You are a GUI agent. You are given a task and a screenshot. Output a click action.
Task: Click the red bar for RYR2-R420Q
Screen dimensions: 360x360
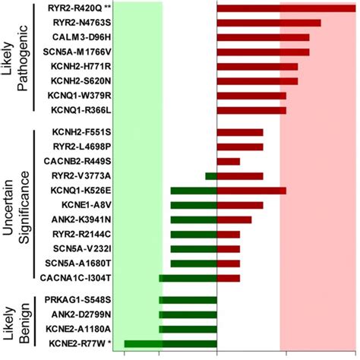click(x=286, y=8)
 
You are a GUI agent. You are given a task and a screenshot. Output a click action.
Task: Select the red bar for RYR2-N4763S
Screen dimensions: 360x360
click(x=269, y=22)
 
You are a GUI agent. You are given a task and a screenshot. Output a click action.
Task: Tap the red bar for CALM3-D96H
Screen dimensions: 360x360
click(x=263, y=37)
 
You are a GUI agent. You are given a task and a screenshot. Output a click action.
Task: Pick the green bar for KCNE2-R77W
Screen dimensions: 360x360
click(x=170, y=343)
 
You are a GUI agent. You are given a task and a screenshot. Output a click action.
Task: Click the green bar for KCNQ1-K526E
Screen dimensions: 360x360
click(x=194, y=191)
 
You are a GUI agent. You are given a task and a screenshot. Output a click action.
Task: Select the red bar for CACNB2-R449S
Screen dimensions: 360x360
click(x=229, y=161)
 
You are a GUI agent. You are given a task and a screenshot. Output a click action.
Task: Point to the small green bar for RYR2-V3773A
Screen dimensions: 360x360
click(x=211, y=176)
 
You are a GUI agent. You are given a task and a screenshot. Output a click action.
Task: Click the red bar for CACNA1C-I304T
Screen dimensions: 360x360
click(x=229, y=278)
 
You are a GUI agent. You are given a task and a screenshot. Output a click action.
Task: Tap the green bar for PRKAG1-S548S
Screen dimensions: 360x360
click(x=188, y=299)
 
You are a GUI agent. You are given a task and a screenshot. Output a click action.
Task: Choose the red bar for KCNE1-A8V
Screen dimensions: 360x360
click(x=240, y=205)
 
